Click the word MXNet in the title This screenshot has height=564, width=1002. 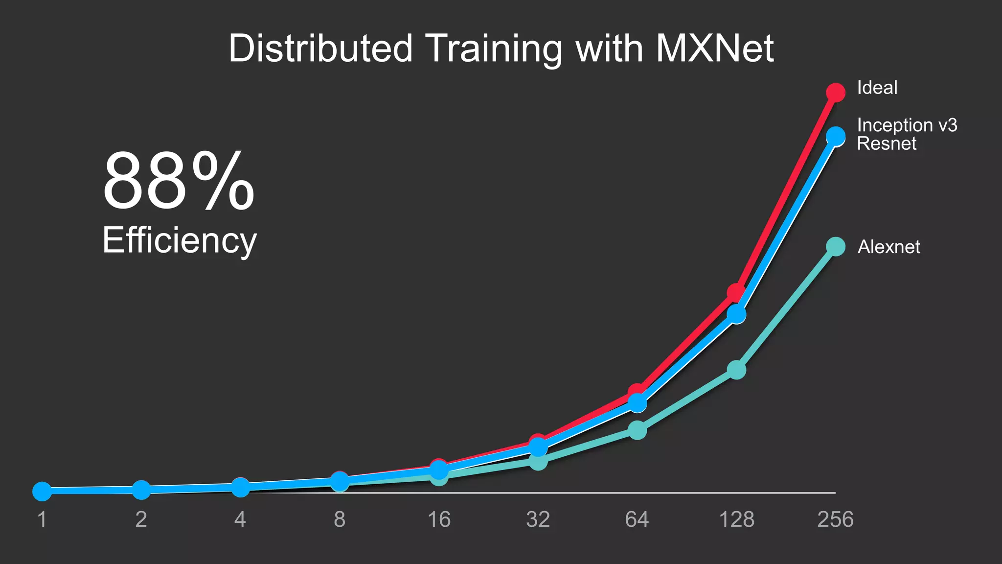coord(714,48)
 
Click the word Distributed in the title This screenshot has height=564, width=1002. coord(320,48)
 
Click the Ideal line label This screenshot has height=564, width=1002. coord(877,88)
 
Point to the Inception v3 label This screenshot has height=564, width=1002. coord(907,125)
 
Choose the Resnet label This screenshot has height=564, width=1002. coord(887,143)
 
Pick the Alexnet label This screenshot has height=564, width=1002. coord(888,247)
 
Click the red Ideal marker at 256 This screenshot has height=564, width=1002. coord(836,92)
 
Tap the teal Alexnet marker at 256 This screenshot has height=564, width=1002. coord(836,246)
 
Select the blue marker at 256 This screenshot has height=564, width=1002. coord(836,136)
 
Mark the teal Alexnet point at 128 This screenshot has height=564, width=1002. coord(736,370)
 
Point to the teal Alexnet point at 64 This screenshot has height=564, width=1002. coord(637,430)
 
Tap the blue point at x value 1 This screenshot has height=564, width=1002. coord(42,491)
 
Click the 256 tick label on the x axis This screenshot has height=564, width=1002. coord(835,519)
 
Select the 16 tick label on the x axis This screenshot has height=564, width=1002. coord(439,519)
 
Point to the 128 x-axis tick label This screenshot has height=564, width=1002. coord(736,519)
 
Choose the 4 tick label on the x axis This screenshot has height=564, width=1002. coord(240,519)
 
